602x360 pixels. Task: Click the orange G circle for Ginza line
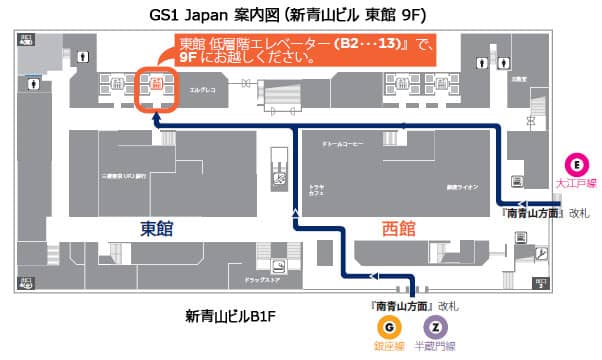coord(385,326)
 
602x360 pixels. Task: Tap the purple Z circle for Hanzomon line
coord(434,326)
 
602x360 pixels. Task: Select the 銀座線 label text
coord(385,346)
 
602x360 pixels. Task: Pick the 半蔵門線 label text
coord(435,346)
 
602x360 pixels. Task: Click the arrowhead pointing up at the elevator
coord(156,117)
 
